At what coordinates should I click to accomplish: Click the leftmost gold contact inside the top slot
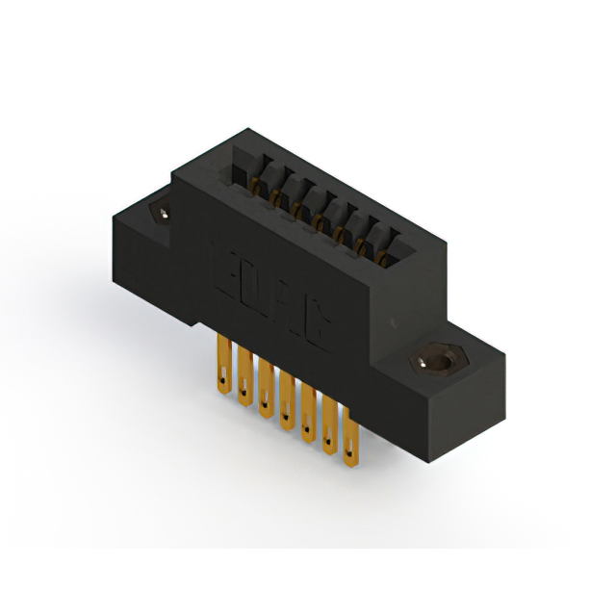pyautogui.click(x=254, y=183)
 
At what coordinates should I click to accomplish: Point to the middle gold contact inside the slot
pyautogui.click(x=317, y=219)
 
